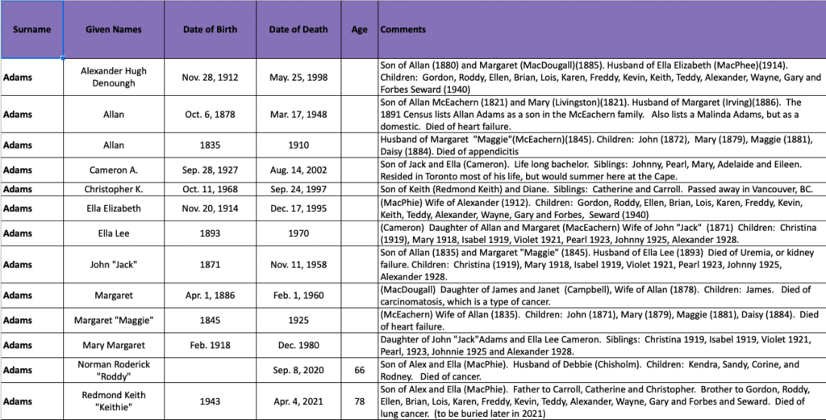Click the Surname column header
pyautogui.click(x=31, y=30)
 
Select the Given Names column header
pyautogui.click(x=114, y=30)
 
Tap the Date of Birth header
pyautogui.click(x=210, y=30)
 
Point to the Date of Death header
pyautogui.click(x=298, y=30)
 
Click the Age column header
pyautogui.click(x=360, y=30)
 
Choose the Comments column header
pyautogui.click(x=403, y=30)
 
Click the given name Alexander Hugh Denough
pyautogui.click(x=114, y=77)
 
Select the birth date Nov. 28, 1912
pyautogui.click(x=210, y=77)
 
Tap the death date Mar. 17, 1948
pyautogui.click(x=298, y=115)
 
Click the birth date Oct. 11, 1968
pyautogui.click(x=210, y=189)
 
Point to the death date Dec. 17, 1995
pyautogui.click(x=298, y=208)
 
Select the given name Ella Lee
pyautogui.click(x=114, y=235)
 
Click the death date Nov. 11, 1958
pyautogui.click(x=298, y=264)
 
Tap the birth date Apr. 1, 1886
pyautogui.click(x=210, y=296)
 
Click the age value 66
pyautogui.click(x=360, y=369)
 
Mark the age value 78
pyautogui.click(x=360, y=401)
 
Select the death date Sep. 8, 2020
pyautogui.click(x=298, y=369)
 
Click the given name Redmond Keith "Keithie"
pyautogui.click(x=114, y=401)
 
